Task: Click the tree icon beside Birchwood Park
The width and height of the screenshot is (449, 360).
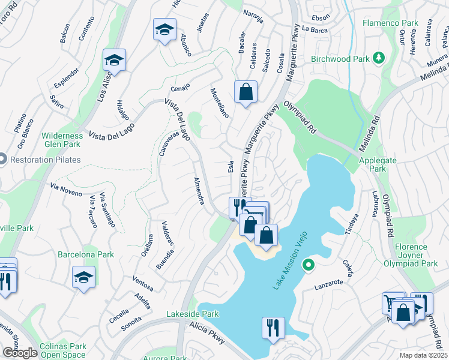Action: pos(379,58)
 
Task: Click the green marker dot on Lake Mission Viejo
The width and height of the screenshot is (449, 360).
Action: pos(308,264)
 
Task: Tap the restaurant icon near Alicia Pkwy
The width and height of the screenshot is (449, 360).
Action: pos(273,328)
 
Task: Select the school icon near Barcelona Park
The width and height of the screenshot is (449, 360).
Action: pos(83,277)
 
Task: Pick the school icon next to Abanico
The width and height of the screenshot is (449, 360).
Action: pos(164,29)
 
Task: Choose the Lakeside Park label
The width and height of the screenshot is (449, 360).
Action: pos(193,314)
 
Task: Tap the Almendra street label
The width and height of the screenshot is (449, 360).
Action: pos(200,191)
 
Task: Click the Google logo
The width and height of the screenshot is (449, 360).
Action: pos(20,352)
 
